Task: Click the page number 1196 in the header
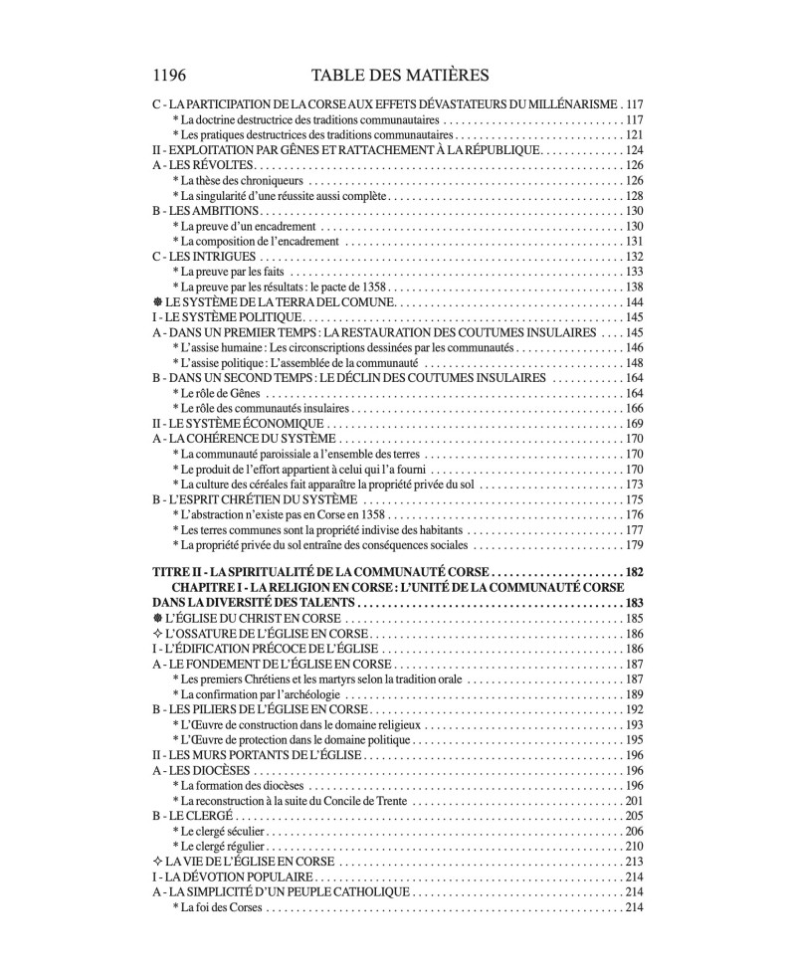pos(170,75)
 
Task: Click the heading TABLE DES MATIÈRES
pos(397,75)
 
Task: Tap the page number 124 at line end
pos(634,149)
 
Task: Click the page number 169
pos(634,423)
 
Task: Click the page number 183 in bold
pos(634,603)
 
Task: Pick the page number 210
pos(634,846)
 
